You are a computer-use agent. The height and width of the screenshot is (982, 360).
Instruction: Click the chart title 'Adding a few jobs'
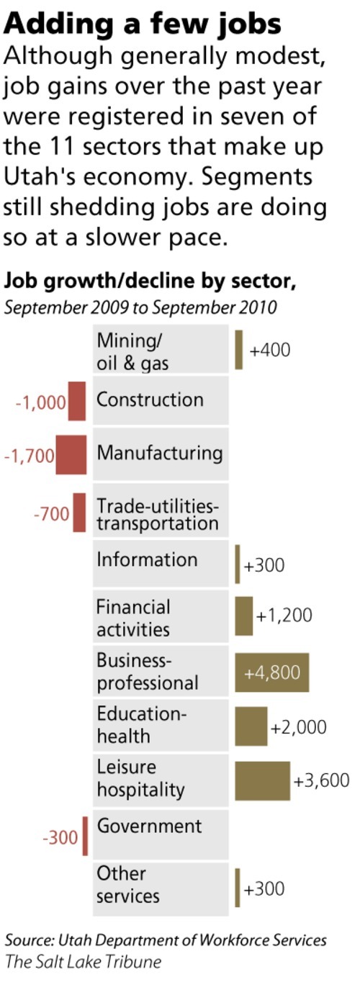point(143,23)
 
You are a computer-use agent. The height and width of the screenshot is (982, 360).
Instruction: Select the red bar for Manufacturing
point(71,454)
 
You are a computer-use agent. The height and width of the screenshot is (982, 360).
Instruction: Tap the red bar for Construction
point(77,401)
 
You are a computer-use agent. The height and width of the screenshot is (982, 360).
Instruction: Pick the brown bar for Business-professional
point(271,672)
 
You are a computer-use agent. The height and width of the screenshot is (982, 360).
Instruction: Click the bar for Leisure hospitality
point(262,781)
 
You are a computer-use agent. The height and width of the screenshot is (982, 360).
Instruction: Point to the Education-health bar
point(251,726)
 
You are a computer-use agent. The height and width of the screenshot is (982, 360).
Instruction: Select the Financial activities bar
point(244,616)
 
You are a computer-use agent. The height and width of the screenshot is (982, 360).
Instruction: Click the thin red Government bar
point(85,836)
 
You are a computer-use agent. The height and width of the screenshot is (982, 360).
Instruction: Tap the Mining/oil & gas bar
point(239,349)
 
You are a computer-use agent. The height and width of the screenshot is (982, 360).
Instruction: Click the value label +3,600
point(321,781)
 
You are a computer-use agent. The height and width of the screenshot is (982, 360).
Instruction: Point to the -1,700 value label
point(29,456)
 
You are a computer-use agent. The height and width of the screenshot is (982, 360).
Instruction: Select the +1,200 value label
point(284,616)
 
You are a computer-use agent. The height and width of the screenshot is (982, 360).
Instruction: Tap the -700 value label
point(52,514)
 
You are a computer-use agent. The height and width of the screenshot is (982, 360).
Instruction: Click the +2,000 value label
point(298,727)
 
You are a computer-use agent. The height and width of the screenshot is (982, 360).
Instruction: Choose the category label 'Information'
point(146,559)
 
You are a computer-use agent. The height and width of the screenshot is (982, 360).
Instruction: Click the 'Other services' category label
point(127,885)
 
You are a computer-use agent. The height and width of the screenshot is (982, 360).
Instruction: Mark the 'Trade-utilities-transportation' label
point(157,514)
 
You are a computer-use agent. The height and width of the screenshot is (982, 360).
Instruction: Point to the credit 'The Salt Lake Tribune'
point(83,961)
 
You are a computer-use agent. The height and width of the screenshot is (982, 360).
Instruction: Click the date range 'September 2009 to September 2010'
point(140,307)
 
